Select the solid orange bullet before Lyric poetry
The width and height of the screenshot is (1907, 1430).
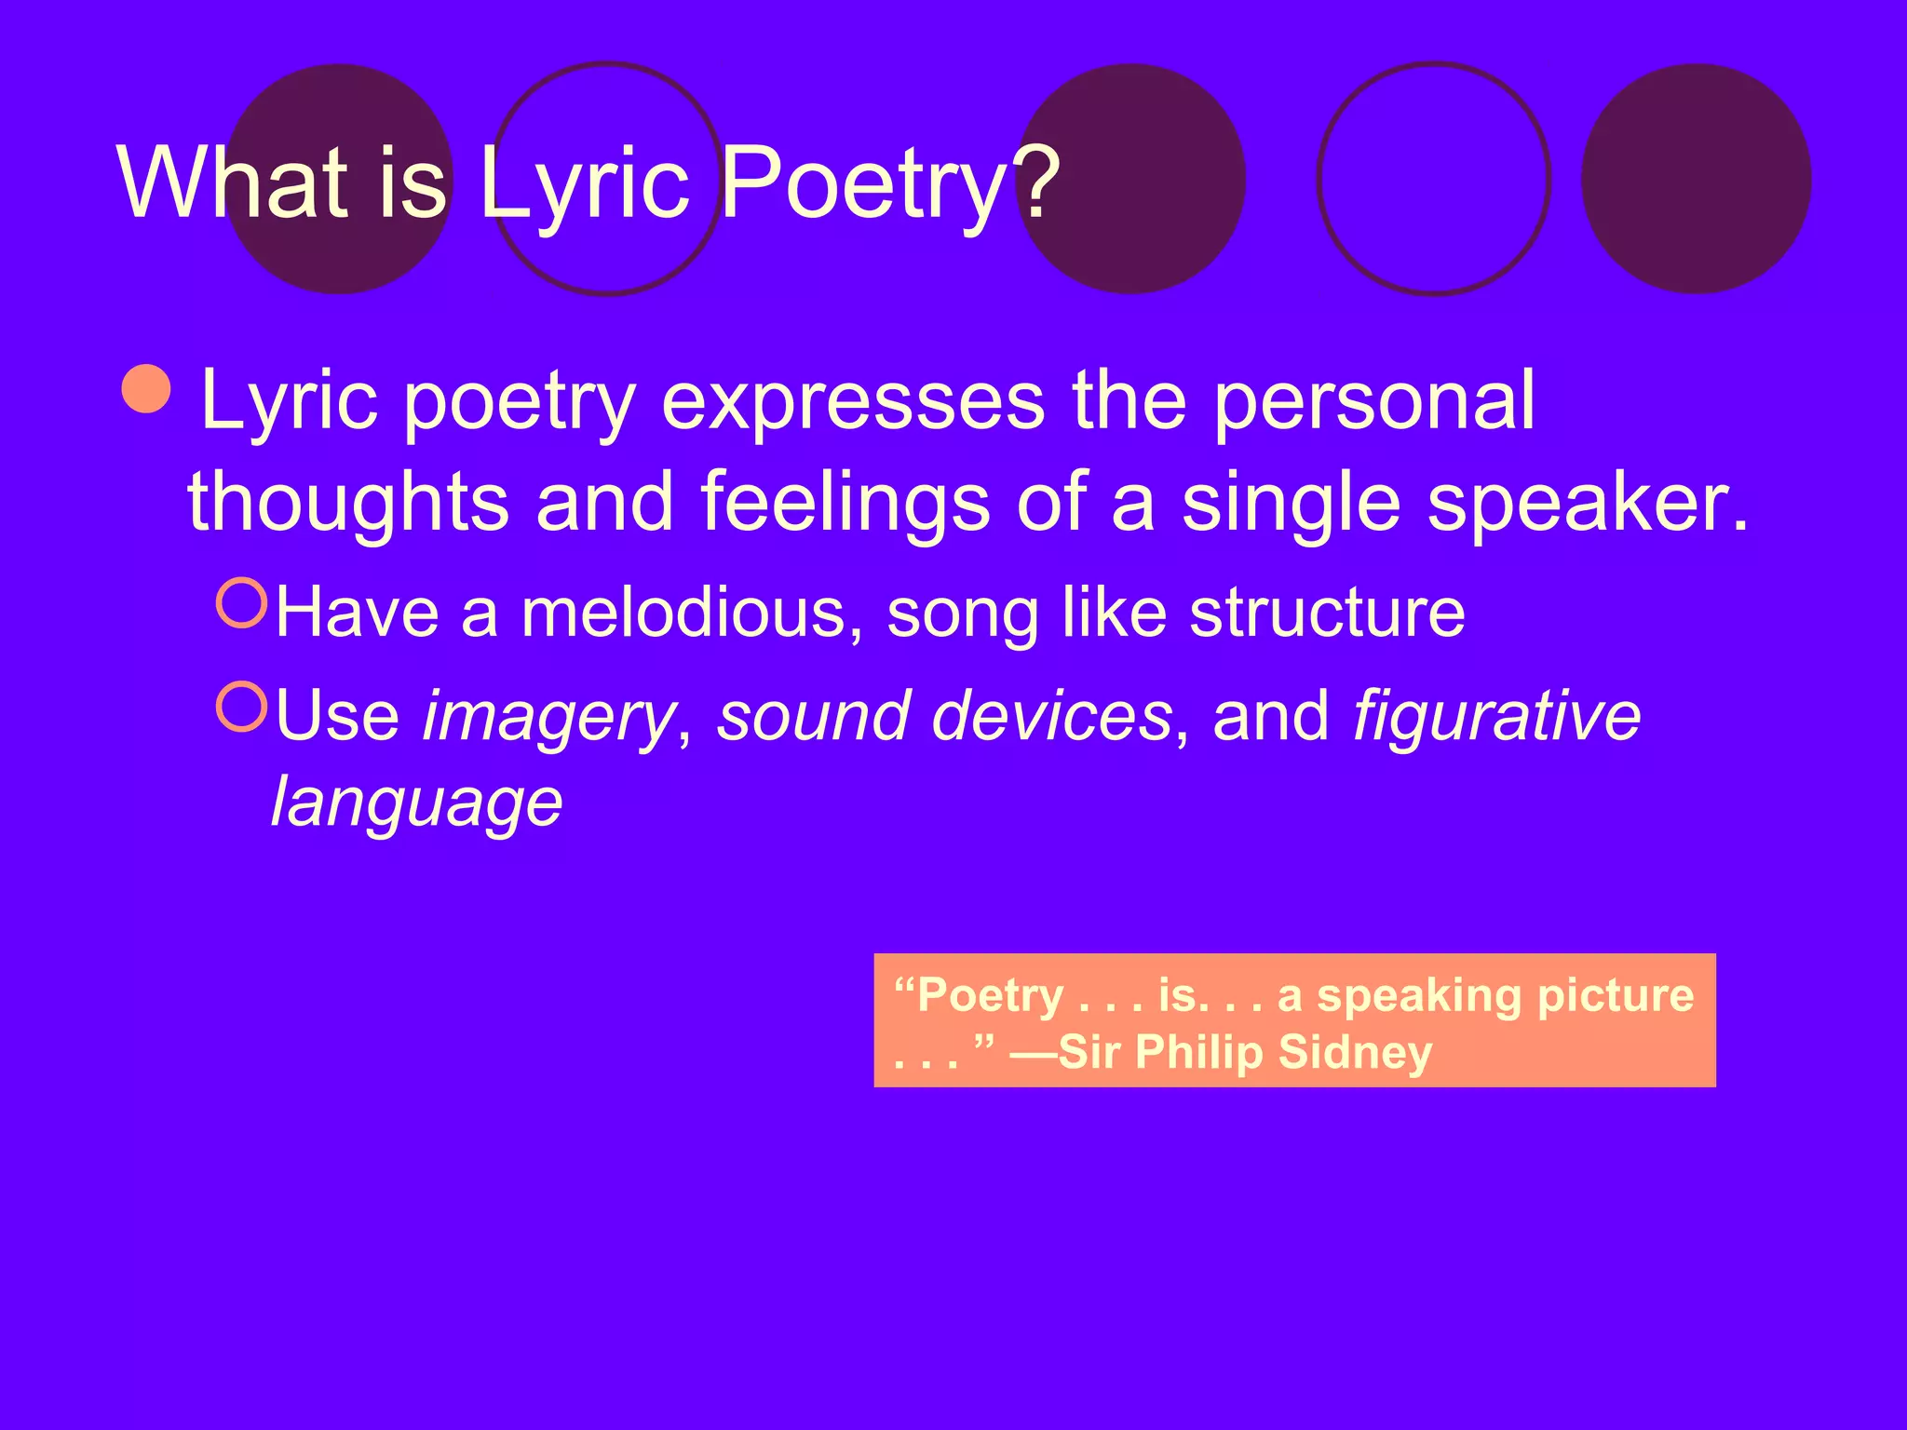[147, 388]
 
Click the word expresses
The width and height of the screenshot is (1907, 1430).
[853, 402]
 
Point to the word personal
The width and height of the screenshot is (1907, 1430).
[1374, 402]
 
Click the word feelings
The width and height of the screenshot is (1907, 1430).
[845, 503]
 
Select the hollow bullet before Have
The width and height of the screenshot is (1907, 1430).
[242, 603]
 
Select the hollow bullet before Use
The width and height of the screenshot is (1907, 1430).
[242, 707]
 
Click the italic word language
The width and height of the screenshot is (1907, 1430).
[416, 803]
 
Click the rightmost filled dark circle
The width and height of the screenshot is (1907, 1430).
[1696, 179]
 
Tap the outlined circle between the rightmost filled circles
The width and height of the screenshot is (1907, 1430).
[1433, 179]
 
